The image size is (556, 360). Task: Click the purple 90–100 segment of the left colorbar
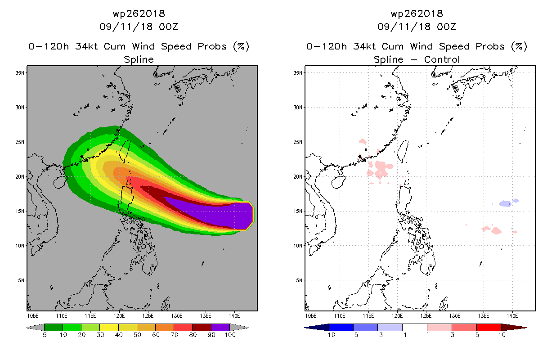click(220, 327)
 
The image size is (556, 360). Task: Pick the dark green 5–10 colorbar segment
click(54, 327)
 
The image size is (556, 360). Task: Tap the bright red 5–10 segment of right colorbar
click(489, 327)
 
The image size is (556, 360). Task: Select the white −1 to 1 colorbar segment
click(414, 327)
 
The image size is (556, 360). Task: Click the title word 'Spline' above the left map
click(139, 59)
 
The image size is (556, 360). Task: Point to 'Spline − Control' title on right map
click(417, 59)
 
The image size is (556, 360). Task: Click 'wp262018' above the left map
click(139, 14)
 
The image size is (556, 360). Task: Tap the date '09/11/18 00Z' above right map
click(417, 27)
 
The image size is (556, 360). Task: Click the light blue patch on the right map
click(507, 203)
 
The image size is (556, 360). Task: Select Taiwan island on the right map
click(404, 151)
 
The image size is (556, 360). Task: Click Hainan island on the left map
click(59, 182)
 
